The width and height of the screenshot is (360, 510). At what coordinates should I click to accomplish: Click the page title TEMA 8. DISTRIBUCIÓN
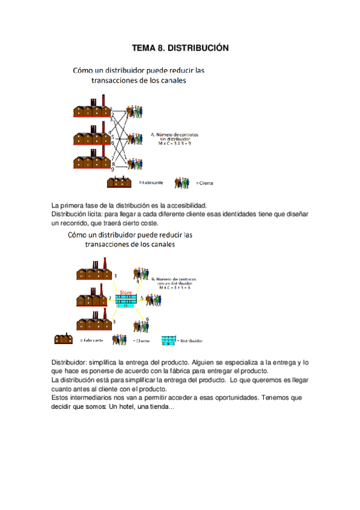[x=180, y=47]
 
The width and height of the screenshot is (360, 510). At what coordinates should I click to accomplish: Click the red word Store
[x=126, y=293]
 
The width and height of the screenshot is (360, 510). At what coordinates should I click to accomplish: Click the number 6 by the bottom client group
[x=147, y=319]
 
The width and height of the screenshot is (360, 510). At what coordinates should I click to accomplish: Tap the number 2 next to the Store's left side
[x=109, y=298]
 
